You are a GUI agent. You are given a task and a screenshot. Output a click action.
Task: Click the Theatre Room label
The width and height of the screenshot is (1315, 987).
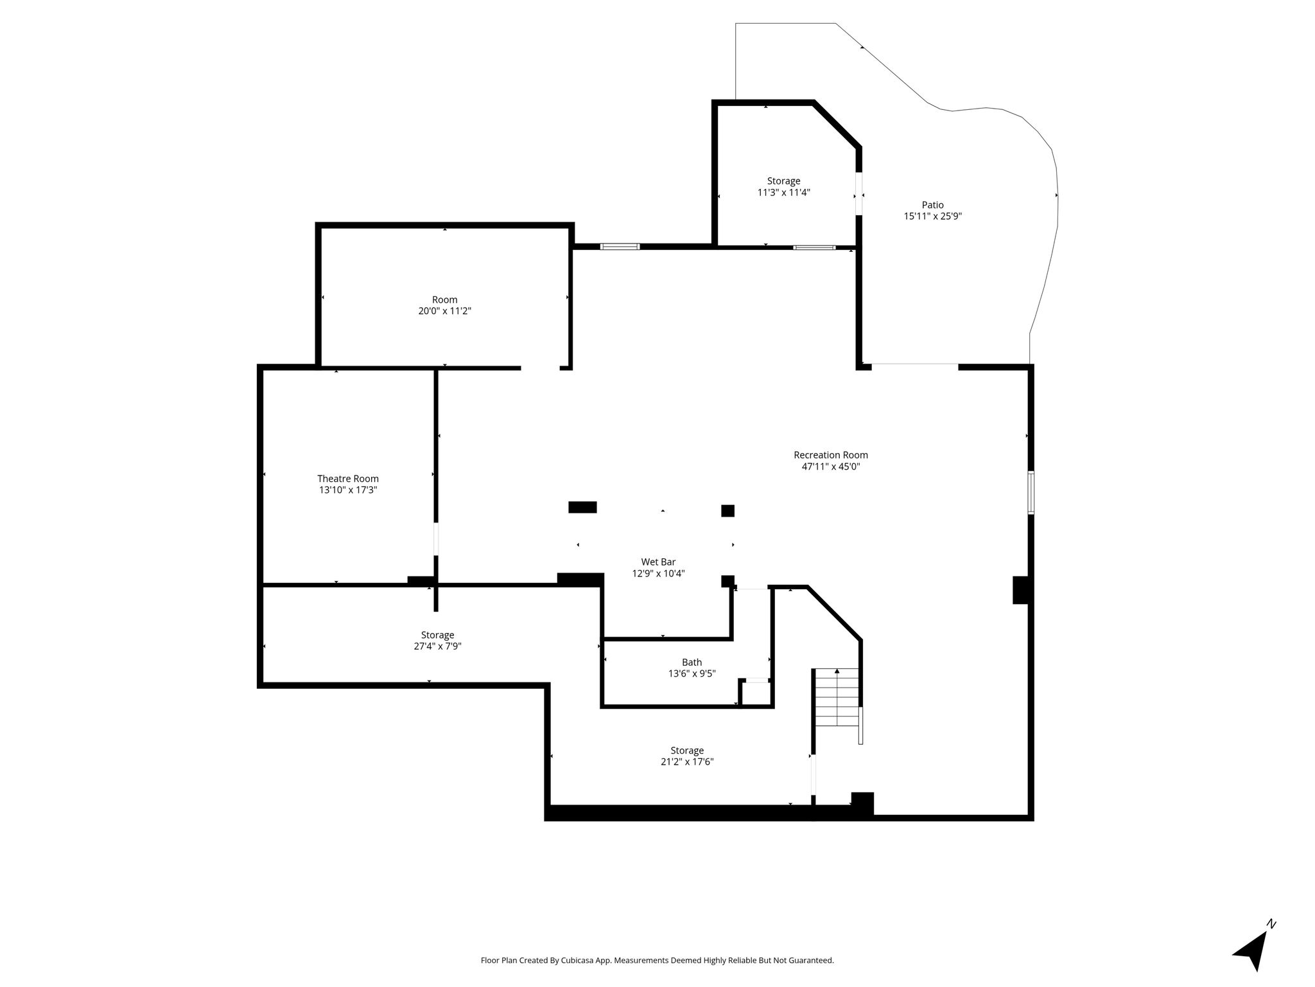(x=348, y=479)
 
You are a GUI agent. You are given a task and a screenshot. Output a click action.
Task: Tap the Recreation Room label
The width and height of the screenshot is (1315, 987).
(x=831, y=456)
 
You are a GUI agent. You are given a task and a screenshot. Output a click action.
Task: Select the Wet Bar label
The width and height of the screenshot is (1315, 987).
(x=658, y=562)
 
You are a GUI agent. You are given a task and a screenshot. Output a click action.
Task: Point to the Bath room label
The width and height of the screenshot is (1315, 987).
(x=692, y=662)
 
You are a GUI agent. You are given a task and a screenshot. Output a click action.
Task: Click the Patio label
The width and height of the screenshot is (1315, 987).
(x=933, y=205)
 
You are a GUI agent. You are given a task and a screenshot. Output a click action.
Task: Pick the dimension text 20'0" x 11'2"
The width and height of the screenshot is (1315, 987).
(x=445, y=311)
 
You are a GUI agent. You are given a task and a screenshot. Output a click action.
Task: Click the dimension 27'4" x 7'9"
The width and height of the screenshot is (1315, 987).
(x=437, y=646)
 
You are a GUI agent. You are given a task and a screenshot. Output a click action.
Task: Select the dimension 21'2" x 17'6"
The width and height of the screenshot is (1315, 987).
(x=687, y=762)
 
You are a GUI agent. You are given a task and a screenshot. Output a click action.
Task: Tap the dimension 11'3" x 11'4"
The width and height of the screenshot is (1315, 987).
(x=784, y=192)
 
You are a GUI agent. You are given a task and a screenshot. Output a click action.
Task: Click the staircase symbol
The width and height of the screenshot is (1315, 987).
(x=837, y=697)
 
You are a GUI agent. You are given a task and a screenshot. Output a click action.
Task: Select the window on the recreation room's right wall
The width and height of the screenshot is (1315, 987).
(x=1031, y=493)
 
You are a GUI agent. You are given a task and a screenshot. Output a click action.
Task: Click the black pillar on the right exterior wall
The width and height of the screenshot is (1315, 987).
(x=1020, y=590)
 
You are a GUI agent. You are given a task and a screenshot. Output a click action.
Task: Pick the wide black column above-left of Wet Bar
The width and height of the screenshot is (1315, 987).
(x=582, y=507)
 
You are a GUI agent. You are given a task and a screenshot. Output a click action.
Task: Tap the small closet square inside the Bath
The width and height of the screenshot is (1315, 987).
(x=755, y=693)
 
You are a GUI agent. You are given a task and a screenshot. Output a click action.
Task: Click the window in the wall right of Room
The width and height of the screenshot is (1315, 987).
(x=620, y=247)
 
